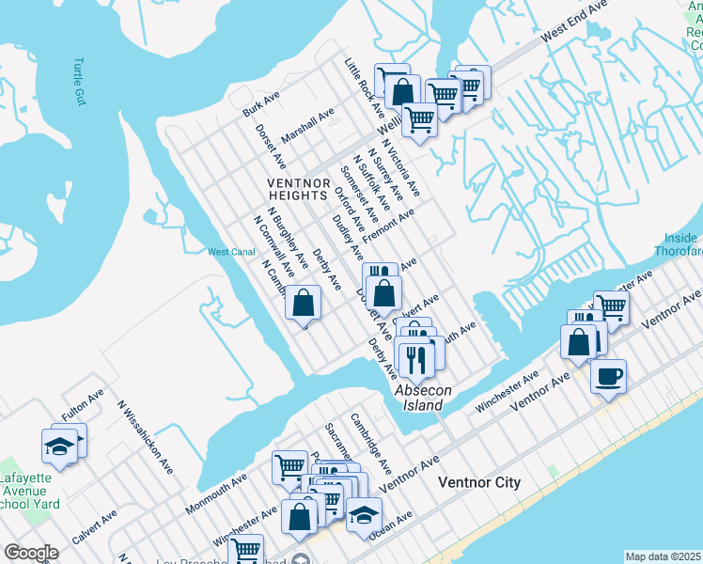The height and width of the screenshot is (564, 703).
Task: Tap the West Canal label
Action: coord(231,252)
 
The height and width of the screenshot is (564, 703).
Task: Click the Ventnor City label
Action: coord(479,482)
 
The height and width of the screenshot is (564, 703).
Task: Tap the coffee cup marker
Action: coord(608,377)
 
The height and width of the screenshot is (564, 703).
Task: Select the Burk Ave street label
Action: coord(260,103)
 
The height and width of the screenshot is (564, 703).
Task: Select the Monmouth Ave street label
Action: coord(215,493)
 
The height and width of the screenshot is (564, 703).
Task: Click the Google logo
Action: coord(31,552)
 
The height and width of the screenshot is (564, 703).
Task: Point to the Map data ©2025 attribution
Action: coord(663,556)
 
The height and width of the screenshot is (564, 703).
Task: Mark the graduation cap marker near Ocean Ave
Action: coord(364,514)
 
